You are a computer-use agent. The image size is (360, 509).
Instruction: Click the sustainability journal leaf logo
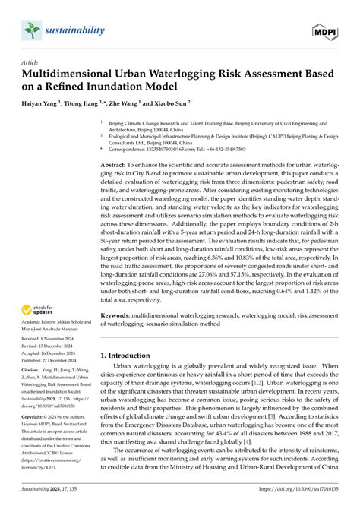tap(31, 30)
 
